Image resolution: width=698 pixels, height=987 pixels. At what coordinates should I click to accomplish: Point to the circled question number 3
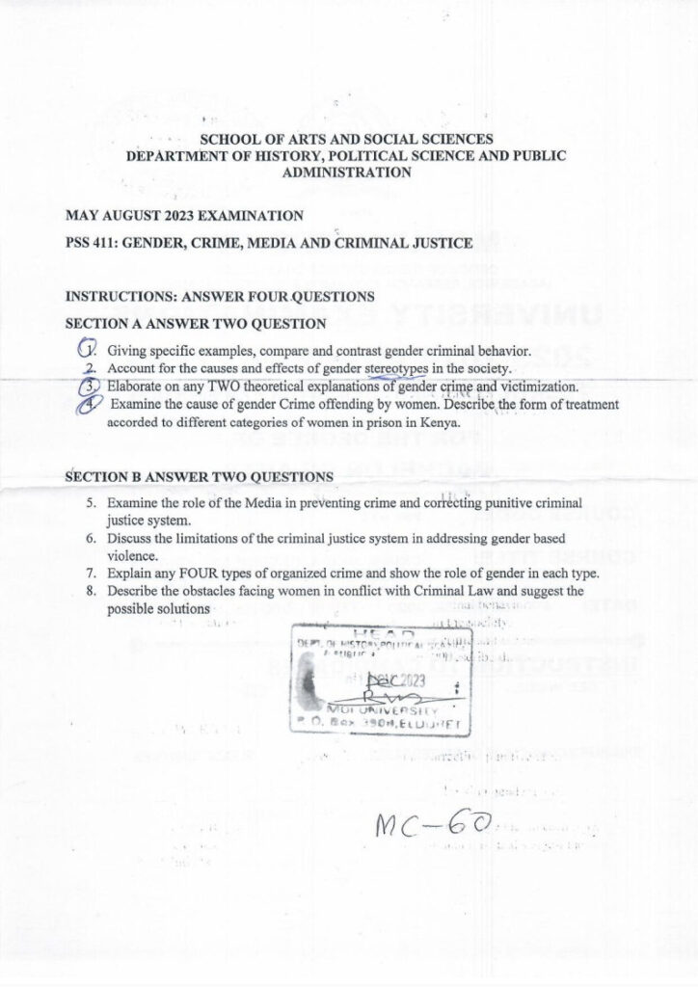tap(87, 387)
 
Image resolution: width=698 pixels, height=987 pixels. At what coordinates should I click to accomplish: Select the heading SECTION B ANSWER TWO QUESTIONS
tap(200, 477)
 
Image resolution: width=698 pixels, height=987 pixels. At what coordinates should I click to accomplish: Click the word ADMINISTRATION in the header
tap(347, 173)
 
